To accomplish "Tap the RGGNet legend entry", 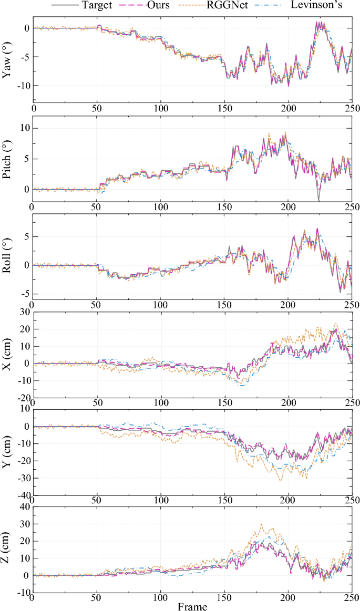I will coord(231,6).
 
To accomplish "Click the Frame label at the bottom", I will coord(192,607).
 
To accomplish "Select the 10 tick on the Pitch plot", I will coord(24,128).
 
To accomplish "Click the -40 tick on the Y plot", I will coord(23,495).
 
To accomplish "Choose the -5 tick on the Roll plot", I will coord(24,294).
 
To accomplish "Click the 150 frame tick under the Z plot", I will coord(225,597).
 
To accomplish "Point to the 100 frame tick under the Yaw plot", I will coord(161,109).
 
